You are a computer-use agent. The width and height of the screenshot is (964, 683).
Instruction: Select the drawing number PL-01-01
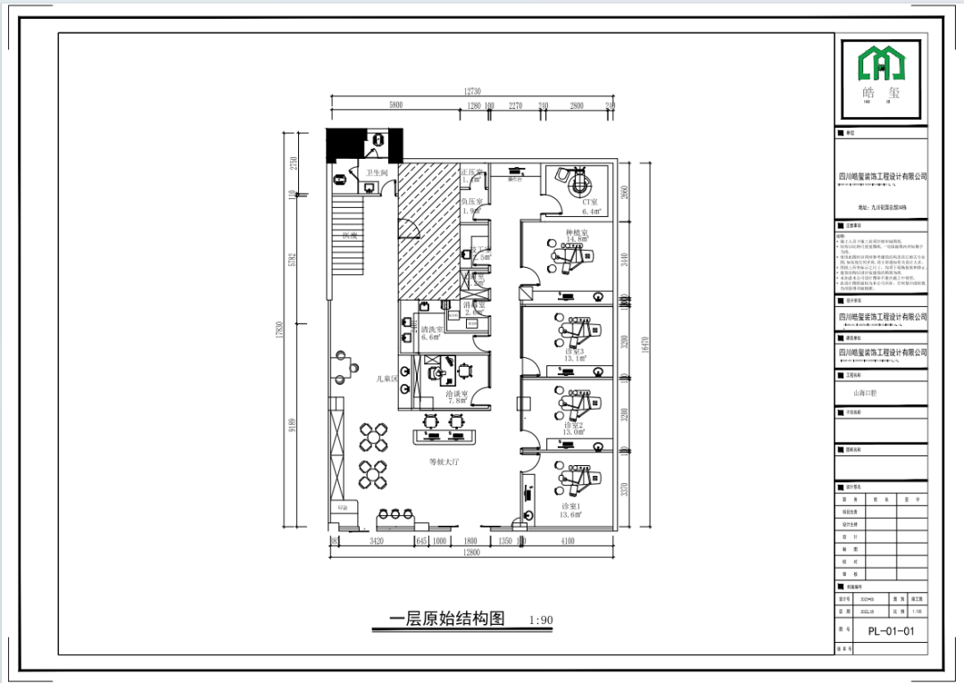(892, 631)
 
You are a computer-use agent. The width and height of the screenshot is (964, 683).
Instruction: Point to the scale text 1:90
(541, 620)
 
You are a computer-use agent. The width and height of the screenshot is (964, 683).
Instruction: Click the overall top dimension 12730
(472, 91)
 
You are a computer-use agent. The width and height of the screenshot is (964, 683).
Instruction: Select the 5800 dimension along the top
(395, 105)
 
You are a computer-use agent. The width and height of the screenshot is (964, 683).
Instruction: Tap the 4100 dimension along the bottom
(568, 541)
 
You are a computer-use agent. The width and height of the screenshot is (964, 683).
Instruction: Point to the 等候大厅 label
(444, 462)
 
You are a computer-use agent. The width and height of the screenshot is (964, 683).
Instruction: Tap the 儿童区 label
(386, 379)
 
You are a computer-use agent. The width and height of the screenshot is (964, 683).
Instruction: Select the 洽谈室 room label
(455, 393)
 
